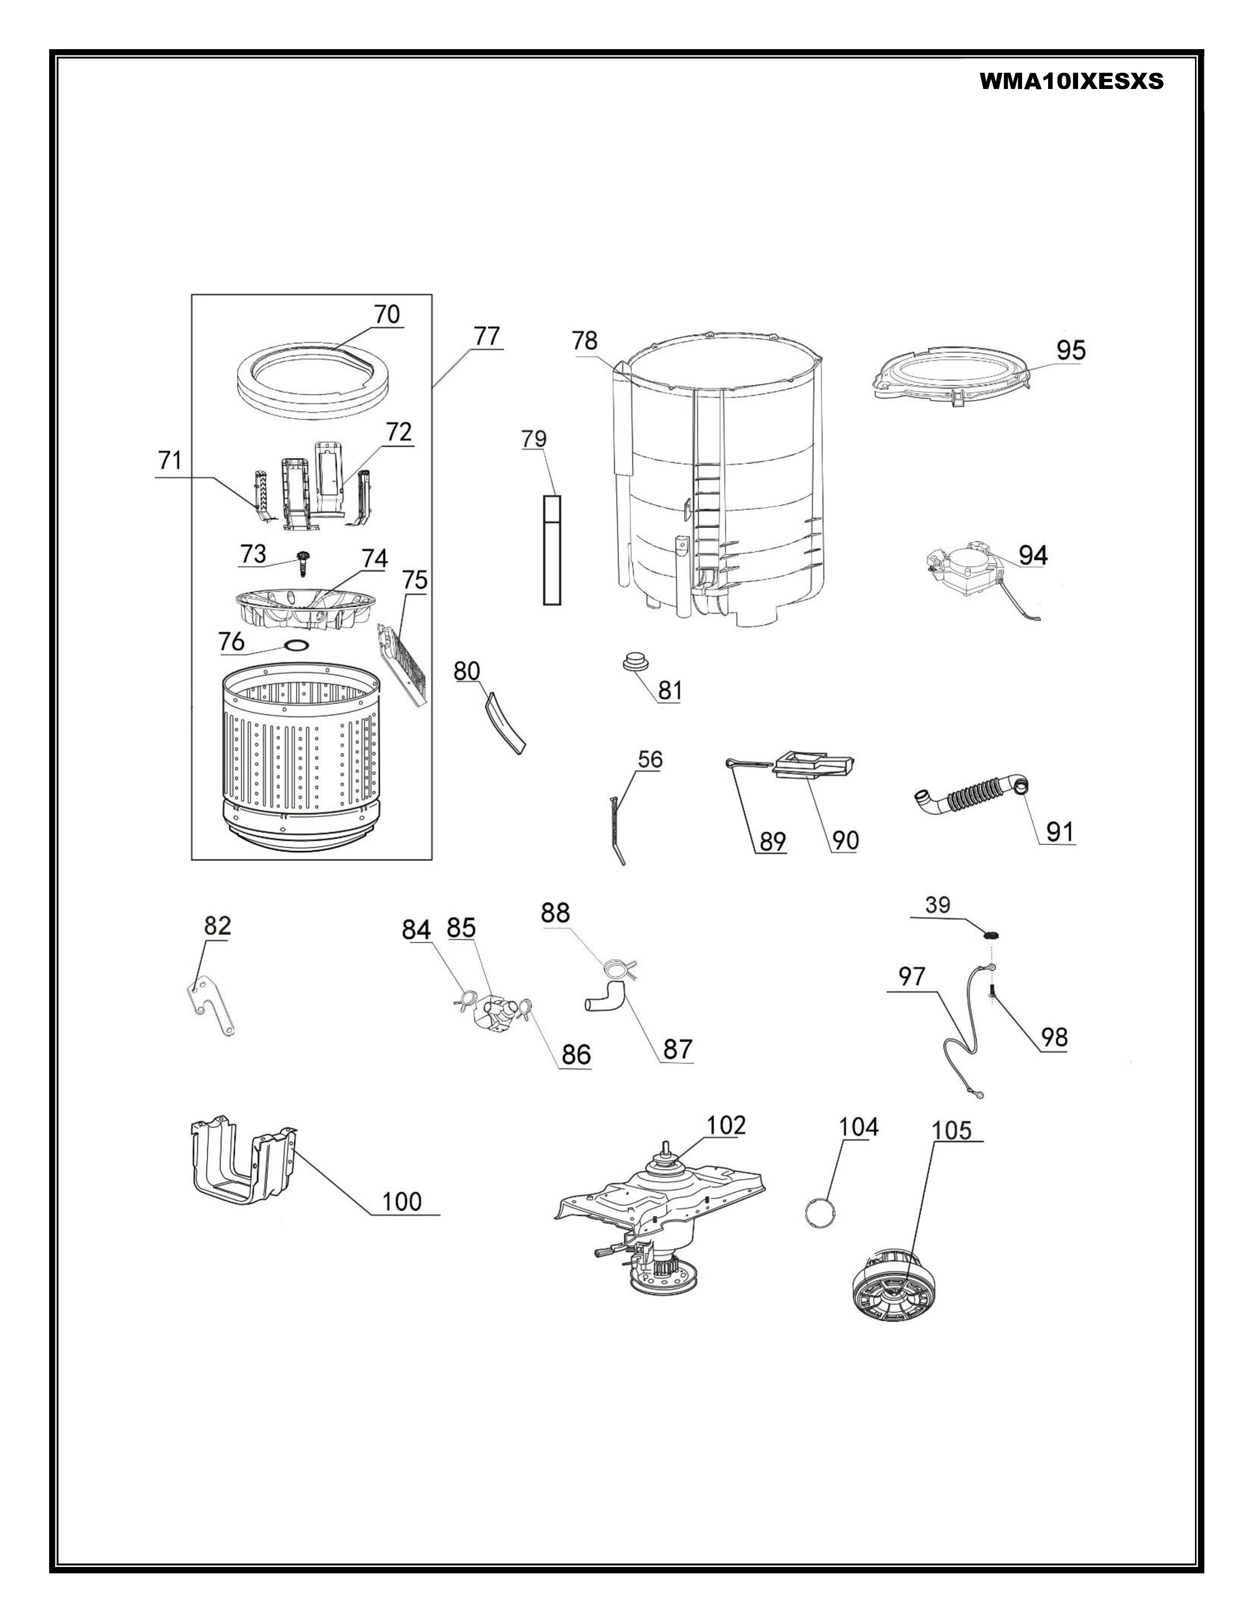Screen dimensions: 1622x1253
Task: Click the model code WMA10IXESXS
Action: click(x=1071, y=81)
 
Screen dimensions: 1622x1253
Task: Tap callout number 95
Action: click(x=1070, y=350)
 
